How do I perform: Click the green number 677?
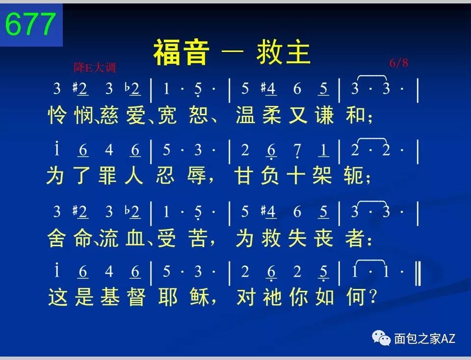(x=30, y=25)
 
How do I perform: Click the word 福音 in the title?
(x=182, y=52)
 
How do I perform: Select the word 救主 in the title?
(x=284, y=52)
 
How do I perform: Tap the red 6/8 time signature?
(x=399, y=63)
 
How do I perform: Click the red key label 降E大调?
(x=95, y=67)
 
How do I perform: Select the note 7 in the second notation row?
(x=297, y=151)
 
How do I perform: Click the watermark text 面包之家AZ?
(x=424, y=338)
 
